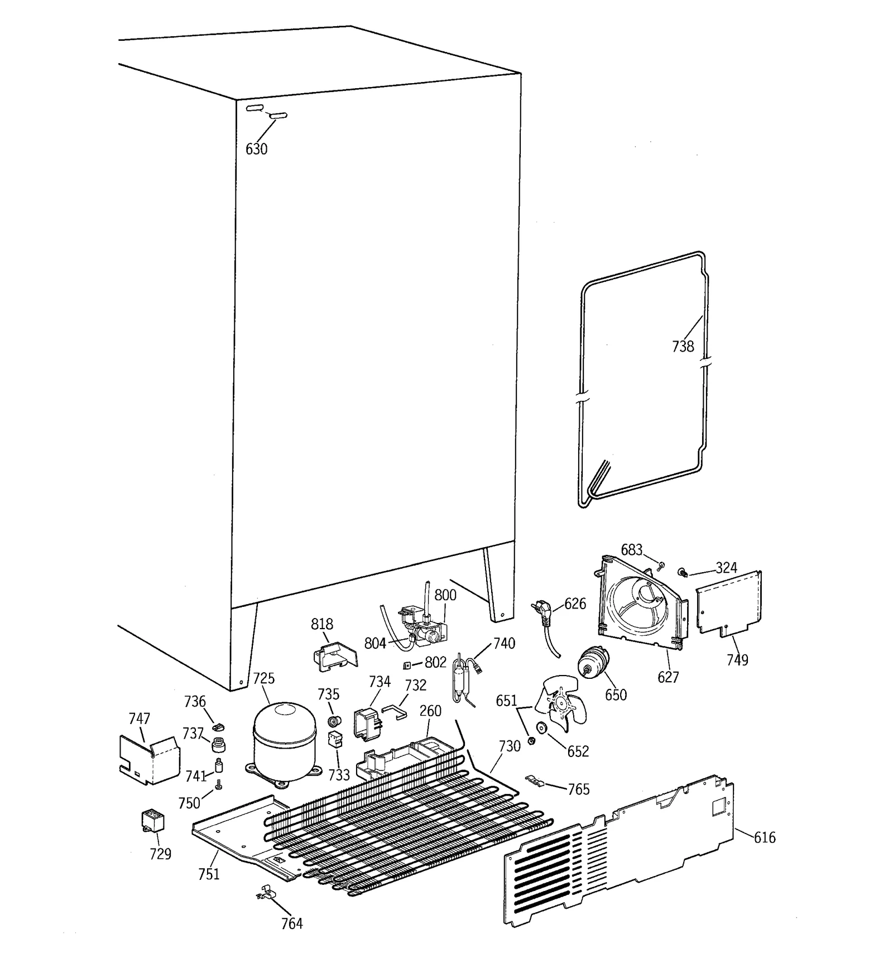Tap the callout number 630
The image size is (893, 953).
click(257, 149)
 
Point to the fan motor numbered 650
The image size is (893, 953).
click(593, 663)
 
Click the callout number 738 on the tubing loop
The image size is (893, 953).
click(683, 347)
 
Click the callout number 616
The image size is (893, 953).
click(765, 837)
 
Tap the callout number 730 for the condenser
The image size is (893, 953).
click(509, 746)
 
